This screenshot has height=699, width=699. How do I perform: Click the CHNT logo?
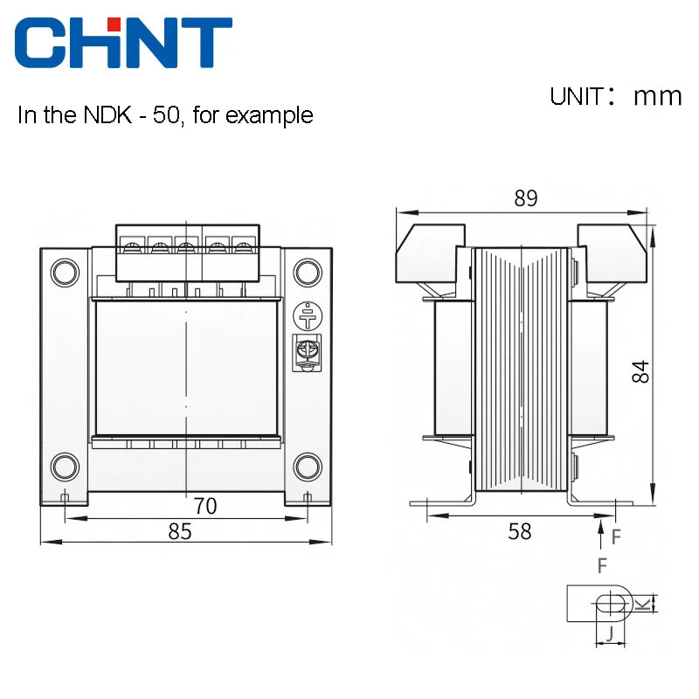pyautogui.click(x=123, y=42)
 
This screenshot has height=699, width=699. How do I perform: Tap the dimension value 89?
pyautogui.click(x=526, y=198)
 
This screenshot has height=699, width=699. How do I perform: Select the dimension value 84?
pyautogui.click(x=640, y=371)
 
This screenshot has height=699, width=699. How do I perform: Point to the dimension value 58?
pyautogui.click(x=520, y=531)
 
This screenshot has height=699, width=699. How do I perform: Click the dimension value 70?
pyautogui.click(x=205, y=506)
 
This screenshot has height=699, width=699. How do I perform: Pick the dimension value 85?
pyautogui.click(x=180, y=531)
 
